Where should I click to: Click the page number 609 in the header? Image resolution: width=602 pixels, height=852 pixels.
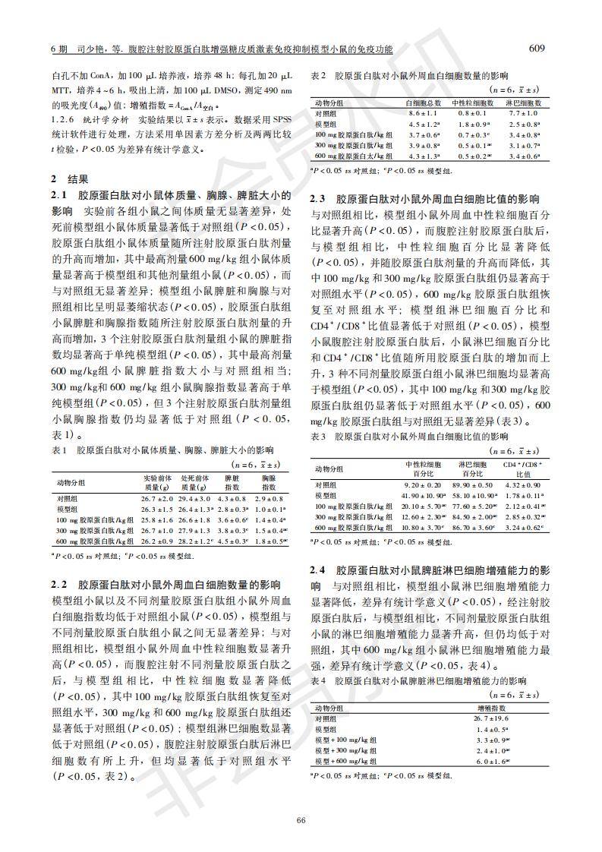click(537, 49)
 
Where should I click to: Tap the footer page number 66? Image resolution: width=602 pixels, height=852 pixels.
click(301, 819)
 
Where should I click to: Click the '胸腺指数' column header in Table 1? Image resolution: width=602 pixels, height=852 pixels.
click(267, 482)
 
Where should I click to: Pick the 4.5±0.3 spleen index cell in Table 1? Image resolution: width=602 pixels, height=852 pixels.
click(232, 541)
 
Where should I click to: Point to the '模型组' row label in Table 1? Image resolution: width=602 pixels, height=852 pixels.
click(68, 509)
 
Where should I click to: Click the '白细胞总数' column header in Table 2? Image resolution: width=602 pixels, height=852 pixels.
click(424, 102)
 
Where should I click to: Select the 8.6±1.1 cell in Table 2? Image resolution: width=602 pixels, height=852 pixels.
click(422, 112)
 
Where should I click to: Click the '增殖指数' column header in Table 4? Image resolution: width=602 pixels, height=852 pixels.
click(490, 707)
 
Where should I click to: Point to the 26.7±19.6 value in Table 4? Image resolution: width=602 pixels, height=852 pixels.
click(490, 718)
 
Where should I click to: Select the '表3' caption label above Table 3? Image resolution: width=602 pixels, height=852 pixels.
click(319, 437)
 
